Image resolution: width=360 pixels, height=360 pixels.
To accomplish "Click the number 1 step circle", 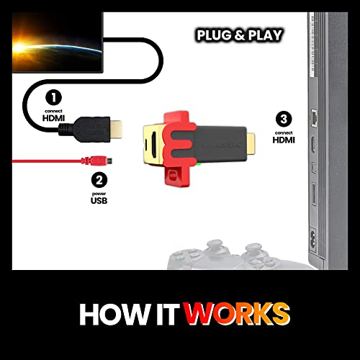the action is (53, 97).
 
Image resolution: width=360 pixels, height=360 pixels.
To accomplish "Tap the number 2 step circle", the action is (99, 180).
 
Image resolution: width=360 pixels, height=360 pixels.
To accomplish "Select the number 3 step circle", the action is (284, 119).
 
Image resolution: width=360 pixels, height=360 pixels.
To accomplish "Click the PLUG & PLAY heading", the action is (239, 35).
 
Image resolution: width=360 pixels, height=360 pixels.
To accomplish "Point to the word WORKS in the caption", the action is (237, 314).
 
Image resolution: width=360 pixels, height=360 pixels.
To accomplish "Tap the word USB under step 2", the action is (99, 201).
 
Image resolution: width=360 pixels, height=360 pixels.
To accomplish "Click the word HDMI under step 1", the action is (53, 118).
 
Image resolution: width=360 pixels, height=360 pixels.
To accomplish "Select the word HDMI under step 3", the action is (284, 140).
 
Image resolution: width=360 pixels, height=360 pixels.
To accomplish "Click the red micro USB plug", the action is (96, 161).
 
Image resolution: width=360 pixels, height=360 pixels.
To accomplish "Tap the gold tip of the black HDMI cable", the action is (116, 129).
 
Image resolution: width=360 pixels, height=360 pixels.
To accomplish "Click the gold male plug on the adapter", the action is (251, 143).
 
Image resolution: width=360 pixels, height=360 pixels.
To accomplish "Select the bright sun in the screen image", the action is (19, 46).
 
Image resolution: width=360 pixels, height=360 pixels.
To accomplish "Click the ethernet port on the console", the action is (314, 117).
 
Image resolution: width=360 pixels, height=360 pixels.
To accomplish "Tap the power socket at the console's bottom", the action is (313, 240).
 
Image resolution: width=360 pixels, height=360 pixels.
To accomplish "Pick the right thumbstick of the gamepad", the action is (252, 251).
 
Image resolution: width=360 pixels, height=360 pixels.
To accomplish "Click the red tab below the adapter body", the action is (174, 176).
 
